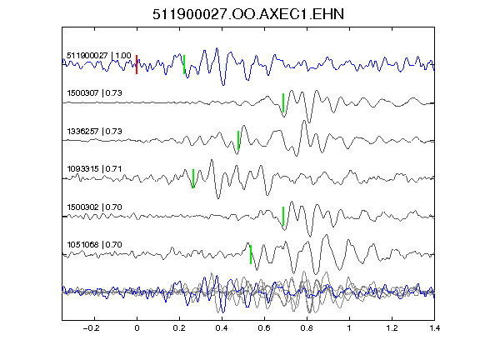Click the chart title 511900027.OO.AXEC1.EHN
[x=248, y=14]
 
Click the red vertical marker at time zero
[x=137, y=64]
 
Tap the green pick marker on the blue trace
[x=184, y=64]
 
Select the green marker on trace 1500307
[x=283, y=102]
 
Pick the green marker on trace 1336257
[x=238, y=140]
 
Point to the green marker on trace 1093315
[x=193, y=178]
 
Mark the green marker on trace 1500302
[x=283, y=217]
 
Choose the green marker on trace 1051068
[x=251, y=254]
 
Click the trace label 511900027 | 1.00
[x=99, y=56]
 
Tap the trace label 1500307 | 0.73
[x=94, y=92]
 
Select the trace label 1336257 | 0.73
[x=94, y=132]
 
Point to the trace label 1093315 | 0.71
[x=94, y=169]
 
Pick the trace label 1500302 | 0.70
[x=94, y=207]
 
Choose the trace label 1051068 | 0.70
[x=94, y=245]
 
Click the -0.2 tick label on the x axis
[x=91, y=328]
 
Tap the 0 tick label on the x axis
[x=137, y=328]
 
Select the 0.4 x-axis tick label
[x=222, y=328]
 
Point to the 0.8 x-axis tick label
[x=307, y=328]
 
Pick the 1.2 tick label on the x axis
[x=392, y=328]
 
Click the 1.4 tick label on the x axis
[x=434, y=328]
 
